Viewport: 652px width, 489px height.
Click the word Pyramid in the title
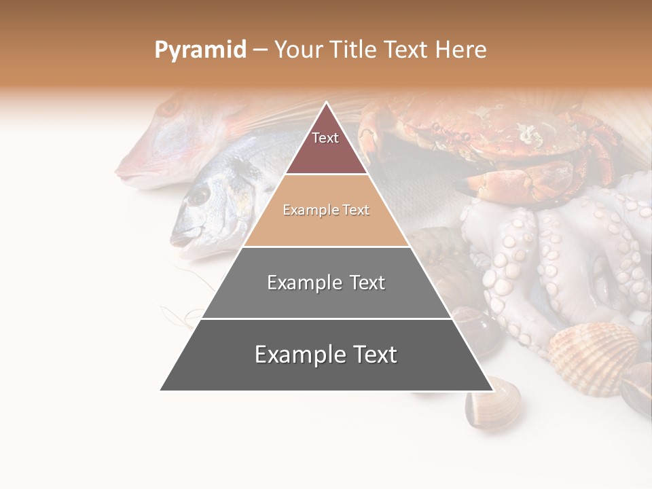[x=200, y=50]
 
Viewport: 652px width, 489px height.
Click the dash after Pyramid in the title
[x=260, y=50]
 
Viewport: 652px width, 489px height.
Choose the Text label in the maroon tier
[x=325, y=138]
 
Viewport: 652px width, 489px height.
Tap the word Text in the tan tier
[x=356, y=210]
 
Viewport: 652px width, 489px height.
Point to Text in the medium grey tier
[x=367, y=283]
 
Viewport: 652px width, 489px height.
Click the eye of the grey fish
[x=198, y=196]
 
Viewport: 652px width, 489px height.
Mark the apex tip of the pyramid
[x=327, y=103]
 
